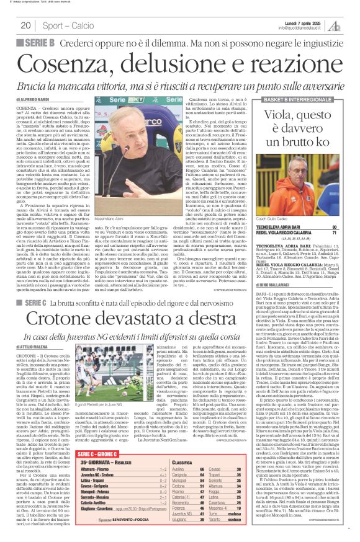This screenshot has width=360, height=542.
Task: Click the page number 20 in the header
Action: [25, 25]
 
